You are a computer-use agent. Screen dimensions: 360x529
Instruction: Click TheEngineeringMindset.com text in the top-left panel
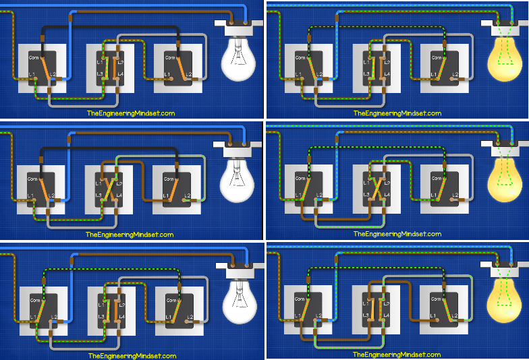click(130, 113)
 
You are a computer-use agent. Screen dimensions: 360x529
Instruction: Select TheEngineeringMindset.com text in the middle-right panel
click(397, 235)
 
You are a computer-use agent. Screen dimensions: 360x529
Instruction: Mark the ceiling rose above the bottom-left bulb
click(239, 266)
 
